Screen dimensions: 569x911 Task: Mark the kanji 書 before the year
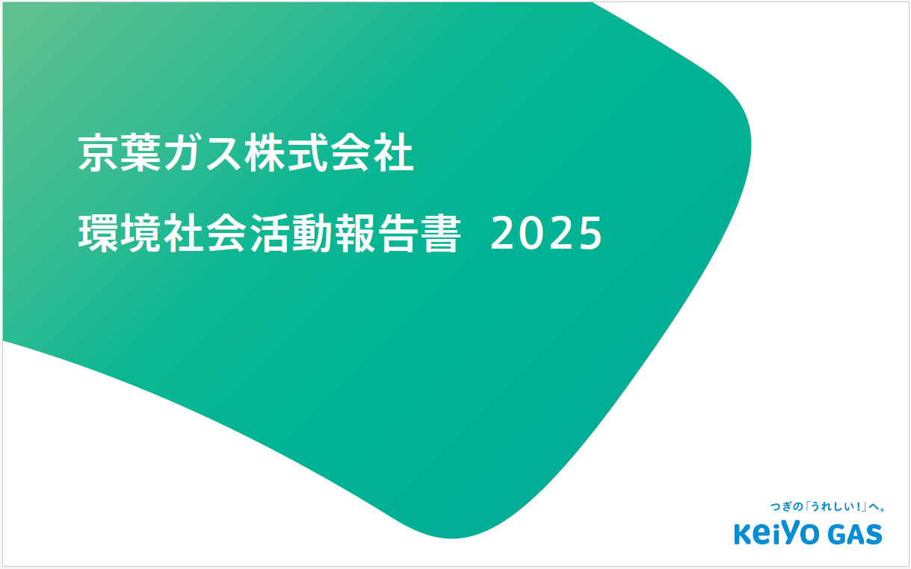point(438,234)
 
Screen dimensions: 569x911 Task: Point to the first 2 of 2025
point(504,234)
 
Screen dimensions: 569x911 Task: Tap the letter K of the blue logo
point(745,535)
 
